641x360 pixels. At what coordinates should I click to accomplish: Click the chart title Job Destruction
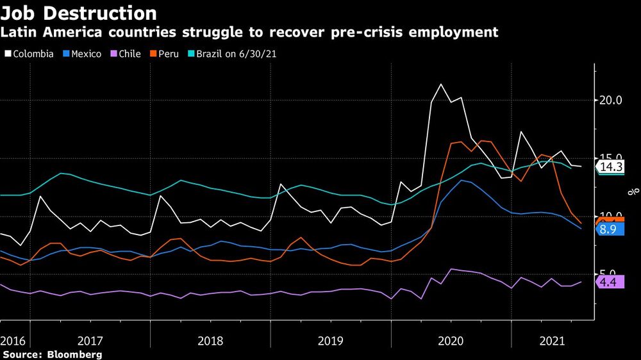(x=78, y=13)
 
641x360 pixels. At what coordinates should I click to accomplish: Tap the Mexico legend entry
(x=82, y=54)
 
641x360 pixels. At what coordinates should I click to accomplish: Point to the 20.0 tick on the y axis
(x=610, y=101)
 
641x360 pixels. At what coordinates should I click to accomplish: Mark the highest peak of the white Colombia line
(x=440, y=84)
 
